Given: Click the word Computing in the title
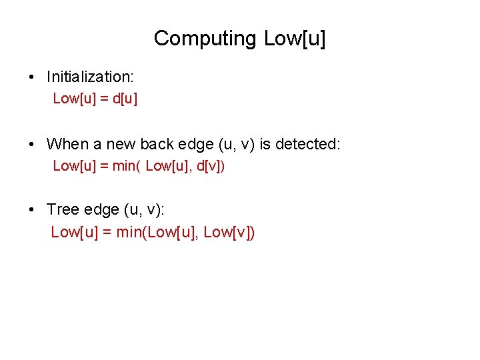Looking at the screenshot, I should (x=205, y=39).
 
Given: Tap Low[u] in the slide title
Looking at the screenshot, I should (x=295, y=39).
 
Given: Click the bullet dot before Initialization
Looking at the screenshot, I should (x=32, y=77).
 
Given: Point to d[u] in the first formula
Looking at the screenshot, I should (x=125, y=99).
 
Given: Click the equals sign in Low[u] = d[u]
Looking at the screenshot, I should (x=105, y=99).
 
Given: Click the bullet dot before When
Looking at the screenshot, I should (x=32, y=144).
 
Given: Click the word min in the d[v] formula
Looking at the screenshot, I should (x=123, y=166).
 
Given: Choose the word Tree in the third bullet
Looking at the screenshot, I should (x=63, y=209).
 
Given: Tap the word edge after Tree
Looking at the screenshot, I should (x=101, y=209).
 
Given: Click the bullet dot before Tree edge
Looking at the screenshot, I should (x=32, y=209).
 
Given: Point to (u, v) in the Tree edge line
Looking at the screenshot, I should (x=143, y=209).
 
